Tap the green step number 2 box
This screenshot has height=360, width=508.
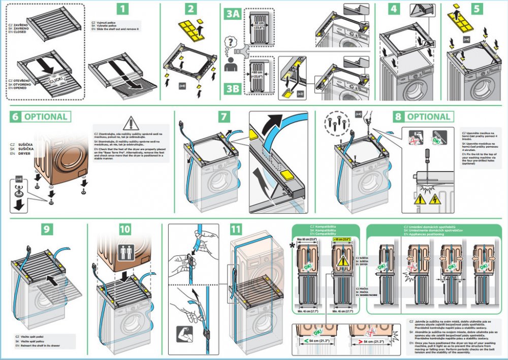pyautogui.click(x=190, y=9)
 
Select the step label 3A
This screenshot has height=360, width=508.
pyautogui.click(x=233, y=14)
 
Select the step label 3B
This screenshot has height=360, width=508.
pyautogui.click(x=233, y=90)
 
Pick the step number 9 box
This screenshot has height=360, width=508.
pyautogui.click(x=47, y=229)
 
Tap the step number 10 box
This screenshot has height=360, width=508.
pyautogui.click(x=125, y=229)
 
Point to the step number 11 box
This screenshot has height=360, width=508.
pyautogui.click(x=236, y=229)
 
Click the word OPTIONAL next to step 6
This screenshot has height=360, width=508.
pyautogui.click(x=45, y=117)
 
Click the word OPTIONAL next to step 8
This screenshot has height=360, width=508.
pyautogui.click(x=429, y=117)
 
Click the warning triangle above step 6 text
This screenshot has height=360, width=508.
pyautogui.click(x=131, y=123)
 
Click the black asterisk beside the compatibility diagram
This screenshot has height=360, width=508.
pyautogui.click(x=292, y=246)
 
